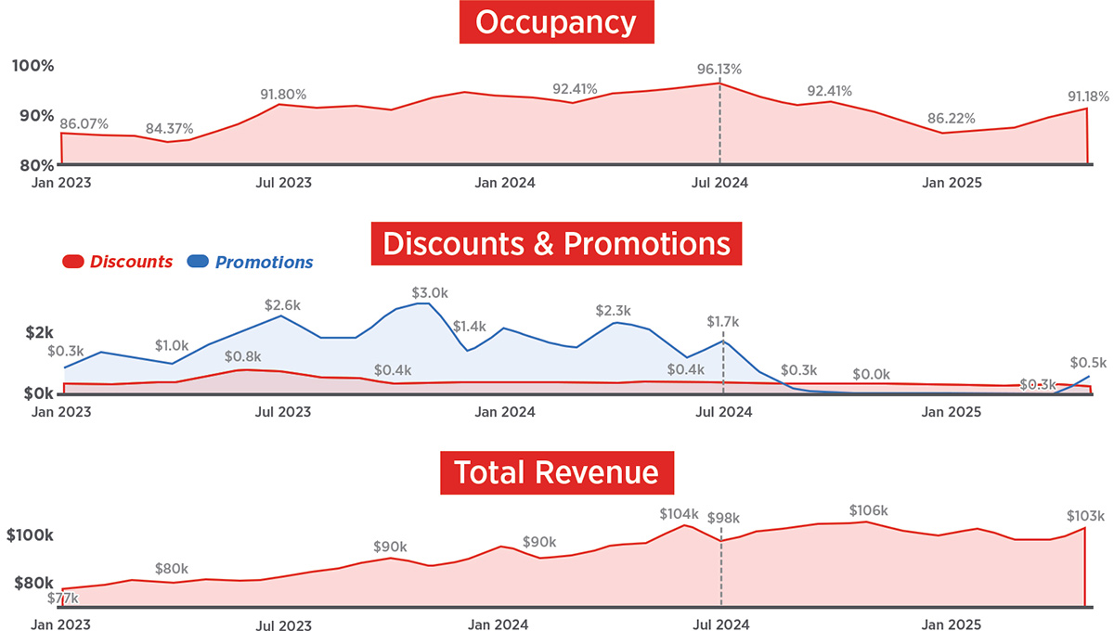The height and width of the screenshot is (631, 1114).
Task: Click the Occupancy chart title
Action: click(x=556, y=23)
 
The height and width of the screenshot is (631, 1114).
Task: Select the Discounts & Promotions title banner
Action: click(x=556, y=244)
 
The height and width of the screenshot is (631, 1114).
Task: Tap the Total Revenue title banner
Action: click(x=556, y=472)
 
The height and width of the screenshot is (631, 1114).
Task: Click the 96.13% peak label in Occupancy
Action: click(x=719, y=70)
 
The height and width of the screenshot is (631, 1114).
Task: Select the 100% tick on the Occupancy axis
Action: click(x=33, y=67)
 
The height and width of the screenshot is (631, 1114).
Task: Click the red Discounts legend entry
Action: click(x=118, y=262)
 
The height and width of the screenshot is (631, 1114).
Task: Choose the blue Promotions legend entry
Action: click(x=251, y=262)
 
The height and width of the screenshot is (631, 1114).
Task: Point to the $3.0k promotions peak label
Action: click(x=430, y=292)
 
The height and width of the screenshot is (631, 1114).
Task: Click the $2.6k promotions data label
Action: click(x=283, y=304)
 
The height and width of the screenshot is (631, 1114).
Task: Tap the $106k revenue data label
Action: click(x=869, y=510)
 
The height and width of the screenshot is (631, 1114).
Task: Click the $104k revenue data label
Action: click(x=679, y=513)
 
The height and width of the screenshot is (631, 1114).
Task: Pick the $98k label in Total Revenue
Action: click(x=724, y=518)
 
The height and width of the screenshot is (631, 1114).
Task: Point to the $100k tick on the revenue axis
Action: click(x=31, y=536)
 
